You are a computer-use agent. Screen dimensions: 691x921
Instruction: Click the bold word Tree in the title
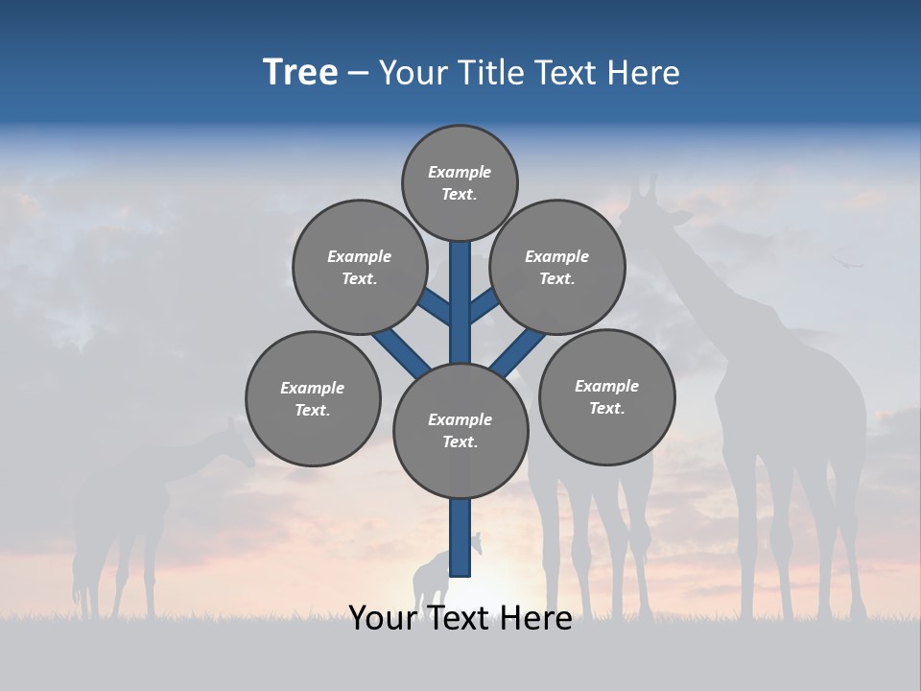coord(300,73)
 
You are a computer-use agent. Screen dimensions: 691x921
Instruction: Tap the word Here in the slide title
coord(643,73)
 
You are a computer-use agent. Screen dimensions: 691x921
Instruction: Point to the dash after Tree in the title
coord(358,73)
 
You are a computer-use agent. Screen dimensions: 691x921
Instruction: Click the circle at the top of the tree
coord(460,183)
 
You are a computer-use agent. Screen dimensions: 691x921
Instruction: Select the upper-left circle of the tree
coord(360,267)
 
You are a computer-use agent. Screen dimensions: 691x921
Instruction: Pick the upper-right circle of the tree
coord(557,267)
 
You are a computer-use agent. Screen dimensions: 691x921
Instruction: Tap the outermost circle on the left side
coord(313,398)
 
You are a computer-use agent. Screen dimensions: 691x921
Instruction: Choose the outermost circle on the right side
coord(606,396)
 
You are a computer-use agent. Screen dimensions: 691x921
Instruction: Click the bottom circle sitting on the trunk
coord(460,430)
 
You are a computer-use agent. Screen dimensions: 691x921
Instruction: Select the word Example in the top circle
coord(460,173)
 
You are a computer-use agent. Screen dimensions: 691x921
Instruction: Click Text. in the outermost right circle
coord(606,408)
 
